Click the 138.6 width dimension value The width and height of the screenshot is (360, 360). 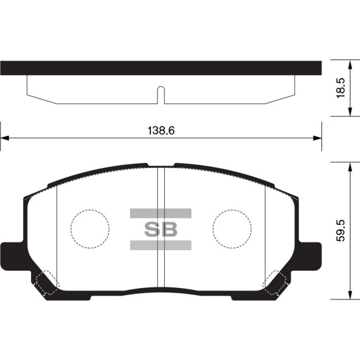(x=160, y=131)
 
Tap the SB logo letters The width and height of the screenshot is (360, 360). (x=160, y=229)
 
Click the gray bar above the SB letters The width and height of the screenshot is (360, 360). (x=160, y=213)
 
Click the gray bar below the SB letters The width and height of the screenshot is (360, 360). (x=160, y=244)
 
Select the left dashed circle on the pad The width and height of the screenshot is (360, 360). (x=90, y=228)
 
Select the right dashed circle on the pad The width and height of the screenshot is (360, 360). (x=232, y=228)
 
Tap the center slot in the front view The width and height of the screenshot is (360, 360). (x=160, y=227)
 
